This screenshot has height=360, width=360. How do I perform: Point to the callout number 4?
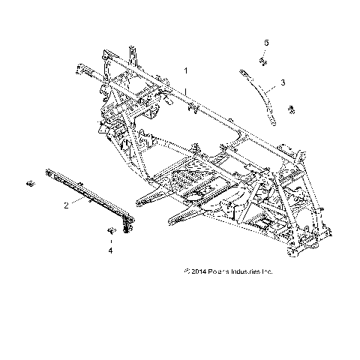click(x=111, y=252)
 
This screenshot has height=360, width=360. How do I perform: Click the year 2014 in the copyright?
click(x=197, y=271)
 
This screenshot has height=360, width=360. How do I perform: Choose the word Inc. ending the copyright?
click(x=268, y=271)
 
